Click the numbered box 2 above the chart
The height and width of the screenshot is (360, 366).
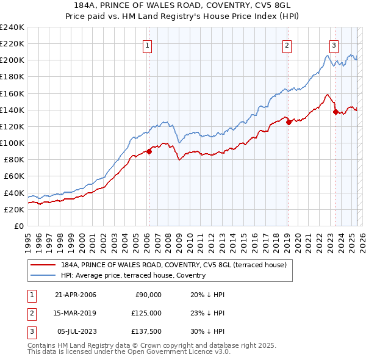(x=287, y=45)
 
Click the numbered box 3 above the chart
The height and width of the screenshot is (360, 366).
(x=334, y=45)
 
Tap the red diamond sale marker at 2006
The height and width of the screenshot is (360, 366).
(x=149, y=152)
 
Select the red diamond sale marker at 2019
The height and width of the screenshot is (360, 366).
(x=289, y=121)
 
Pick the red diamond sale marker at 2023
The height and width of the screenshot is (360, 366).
(x=335, y=112)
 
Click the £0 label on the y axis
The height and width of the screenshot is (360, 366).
(x=18, y=226)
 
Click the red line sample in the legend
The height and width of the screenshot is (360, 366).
(x=43, y=265)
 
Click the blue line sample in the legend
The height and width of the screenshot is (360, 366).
(x=43, y=275)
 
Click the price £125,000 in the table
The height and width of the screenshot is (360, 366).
(x=148, y=313)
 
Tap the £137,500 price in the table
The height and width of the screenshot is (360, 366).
(x=148, y=331)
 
